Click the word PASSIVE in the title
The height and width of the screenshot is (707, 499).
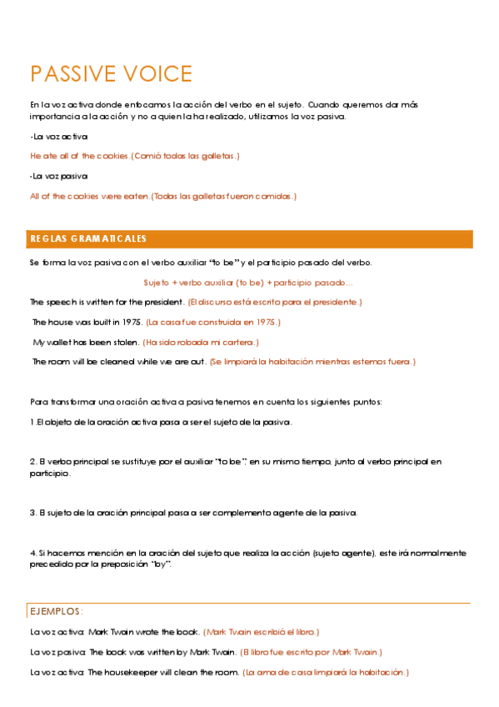pyautogui.click(x=67, y=74)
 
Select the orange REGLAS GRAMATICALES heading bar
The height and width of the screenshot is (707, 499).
pyautogui.click(x=250, y=239)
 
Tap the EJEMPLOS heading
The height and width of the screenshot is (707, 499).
pyautogui.click(x=57, y=611)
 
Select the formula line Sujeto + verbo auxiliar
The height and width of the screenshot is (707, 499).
pyautogui.click(x=248, y=283)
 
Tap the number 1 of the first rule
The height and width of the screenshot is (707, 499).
pyautogui.click(x=32, y=422)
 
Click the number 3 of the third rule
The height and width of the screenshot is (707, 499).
pyautogui.click(x=32, y=513)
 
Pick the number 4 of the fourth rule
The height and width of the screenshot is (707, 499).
pyautogui.click(x=32, y=553)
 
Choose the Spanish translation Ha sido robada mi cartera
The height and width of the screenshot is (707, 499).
pyautogui.click(x=202, y=342)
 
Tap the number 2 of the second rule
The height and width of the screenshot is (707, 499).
pyautogui.click(x=32, y=461)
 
